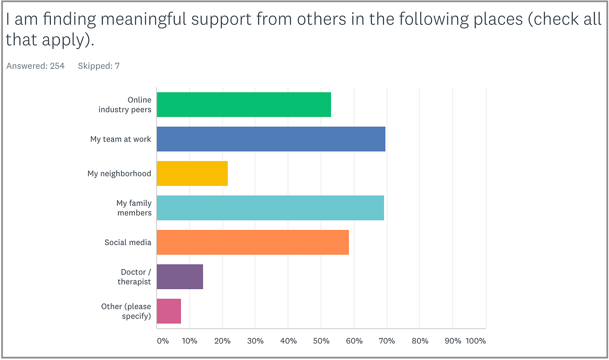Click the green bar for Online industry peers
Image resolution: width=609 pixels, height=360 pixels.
click(x=244, y=104)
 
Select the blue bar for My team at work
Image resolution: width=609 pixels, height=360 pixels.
click(x=271, y=139)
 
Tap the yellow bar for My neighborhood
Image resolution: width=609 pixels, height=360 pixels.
click(x=192, y=173)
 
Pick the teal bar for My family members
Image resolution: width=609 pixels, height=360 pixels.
click(x=270, y=208)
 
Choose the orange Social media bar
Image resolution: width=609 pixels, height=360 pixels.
click(x=252, y=242)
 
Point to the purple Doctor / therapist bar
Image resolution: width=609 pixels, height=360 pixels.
click(x=180, y=276)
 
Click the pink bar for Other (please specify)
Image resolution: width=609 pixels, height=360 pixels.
click(x=169, y=311)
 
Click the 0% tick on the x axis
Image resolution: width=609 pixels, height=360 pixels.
click(x=163, y=341)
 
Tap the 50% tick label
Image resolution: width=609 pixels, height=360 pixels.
click(x=321, y=341)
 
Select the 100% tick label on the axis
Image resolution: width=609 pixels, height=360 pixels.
click(x=475, y=341)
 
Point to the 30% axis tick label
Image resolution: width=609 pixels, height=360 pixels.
click(x=255, y=341)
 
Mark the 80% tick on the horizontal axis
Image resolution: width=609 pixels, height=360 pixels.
click(x=420, y=341)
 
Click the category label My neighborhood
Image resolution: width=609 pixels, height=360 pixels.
click(x=119, y=173)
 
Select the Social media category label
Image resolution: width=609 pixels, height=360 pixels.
click(x=128, y=242)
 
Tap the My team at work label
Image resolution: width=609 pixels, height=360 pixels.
click(x=120, y=139)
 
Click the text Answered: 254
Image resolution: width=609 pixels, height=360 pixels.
click(x=35, y=66)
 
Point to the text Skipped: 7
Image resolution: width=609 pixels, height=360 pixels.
click(x=99, y=66)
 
